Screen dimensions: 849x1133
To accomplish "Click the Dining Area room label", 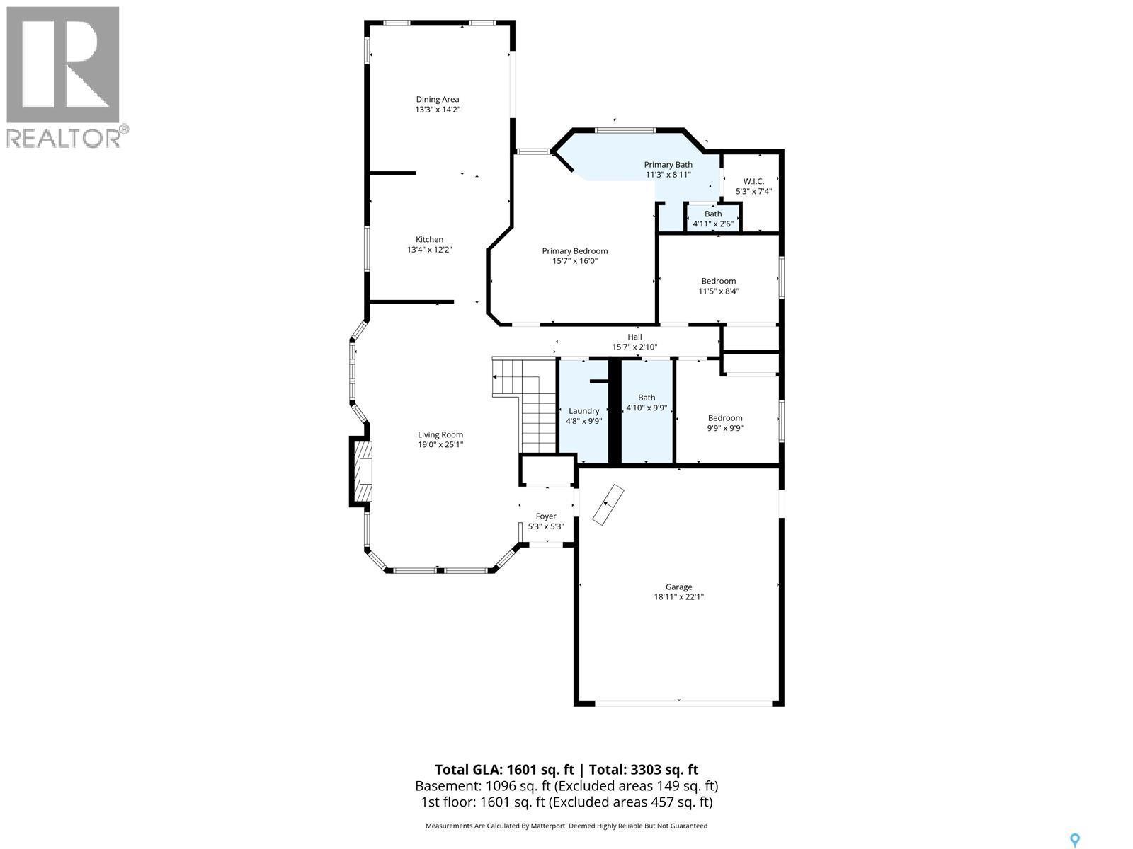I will (437, 100).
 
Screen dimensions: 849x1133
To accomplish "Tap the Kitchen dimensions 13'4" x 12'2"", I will (429, 250).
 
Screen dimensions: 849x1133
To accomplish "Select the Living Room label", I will (440, 435).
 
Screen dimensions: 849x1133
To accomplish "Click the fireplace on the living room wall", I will (361, 471).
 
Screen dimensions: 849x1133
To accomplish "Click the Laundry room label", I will (583, 411).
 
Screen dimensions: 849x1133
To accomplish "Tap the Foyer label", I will (545, 516).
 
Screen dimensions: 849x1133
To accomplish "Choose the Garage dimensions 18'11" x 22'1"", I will (678, 597).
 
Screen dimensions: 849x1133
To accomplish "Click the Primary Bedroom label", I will (574, 251).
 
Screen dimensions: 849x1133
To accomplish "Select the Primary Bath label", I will (668, 165).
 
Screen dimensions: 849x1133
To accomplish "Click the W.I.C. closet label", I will (753, 182).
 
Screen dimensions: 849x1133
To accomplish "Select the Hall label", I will (634, 337).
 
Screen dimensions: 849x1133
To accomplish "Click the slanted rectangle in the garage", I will (608, 505).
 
